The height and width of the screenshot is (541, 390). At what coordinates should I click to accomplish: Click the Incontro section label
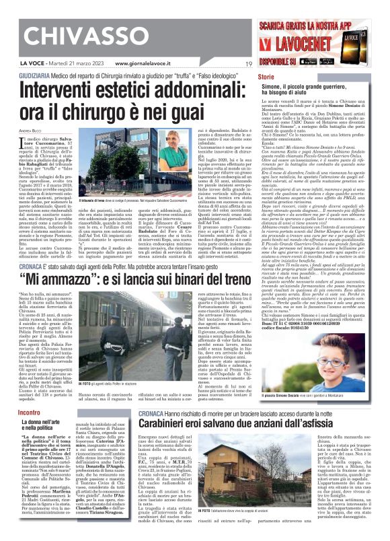(x=30, y=411)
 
